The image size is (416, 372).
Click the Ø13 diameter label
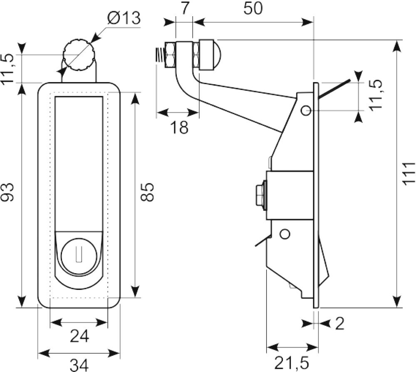[124, 18]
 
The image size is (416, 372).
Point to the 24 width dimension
[79, 337]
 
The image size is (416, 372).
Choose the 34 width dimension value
[79, 365]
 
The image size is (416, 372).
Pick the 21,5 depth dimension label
[292, 363]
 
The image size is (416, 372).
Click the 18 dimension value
[179, 127]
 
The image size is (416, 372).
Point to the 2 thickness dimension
[340, 324]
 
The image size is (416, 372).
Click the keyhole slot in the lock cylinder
[79, 254]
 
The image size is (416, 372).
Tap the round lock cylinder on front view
[79, 256]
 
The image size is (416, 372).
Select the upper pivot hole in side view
[307, 110]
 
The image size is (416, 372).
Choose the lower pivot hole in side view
[285, 234]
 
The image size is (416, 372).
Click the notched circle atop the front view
[78, 55]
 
